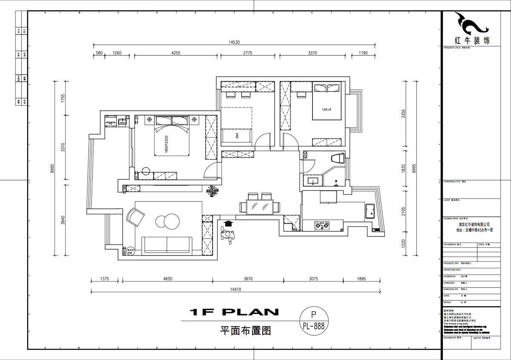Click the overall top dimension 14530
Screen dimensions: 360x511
[234, 42]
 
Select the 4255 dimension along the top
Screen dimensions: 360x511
[176, 53]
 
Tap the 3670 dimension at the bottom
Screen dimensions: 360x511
[248, 279]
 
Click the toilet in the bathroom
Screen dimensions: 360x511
[337, 158]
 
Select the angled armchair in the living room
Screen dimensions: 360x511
[136, 217]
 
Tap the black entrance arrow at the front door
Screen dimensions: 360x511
[228, 223]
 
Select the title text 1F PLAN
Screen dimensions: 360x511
[234, 312]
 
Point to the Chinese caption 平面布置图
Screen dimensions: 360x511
[245, 330]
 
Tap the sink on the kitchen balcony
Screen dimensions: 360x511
[369, 210]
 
